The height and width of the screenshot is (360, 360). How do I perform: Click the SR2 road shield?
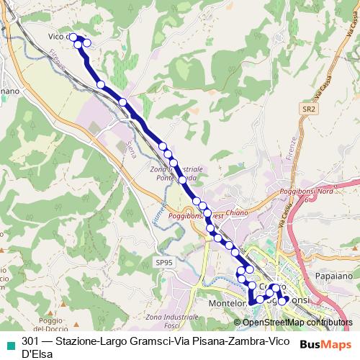pyautogui.click(x=309, y=109)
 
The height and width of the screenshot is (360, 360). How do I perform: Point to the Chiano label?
pyautogui.click(x=237, y=213)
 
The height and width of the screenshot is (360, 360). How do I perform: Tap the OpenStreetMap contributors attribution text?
pyautogui.click(x=296, y=323)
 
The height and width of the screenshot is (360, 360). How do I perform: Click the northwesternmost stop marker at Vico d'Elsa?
pyautogui.click(x=73, y=37)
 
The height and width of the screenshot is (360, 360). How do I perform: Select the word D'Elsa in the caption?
pyautogui.click(x=37, y=354)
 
